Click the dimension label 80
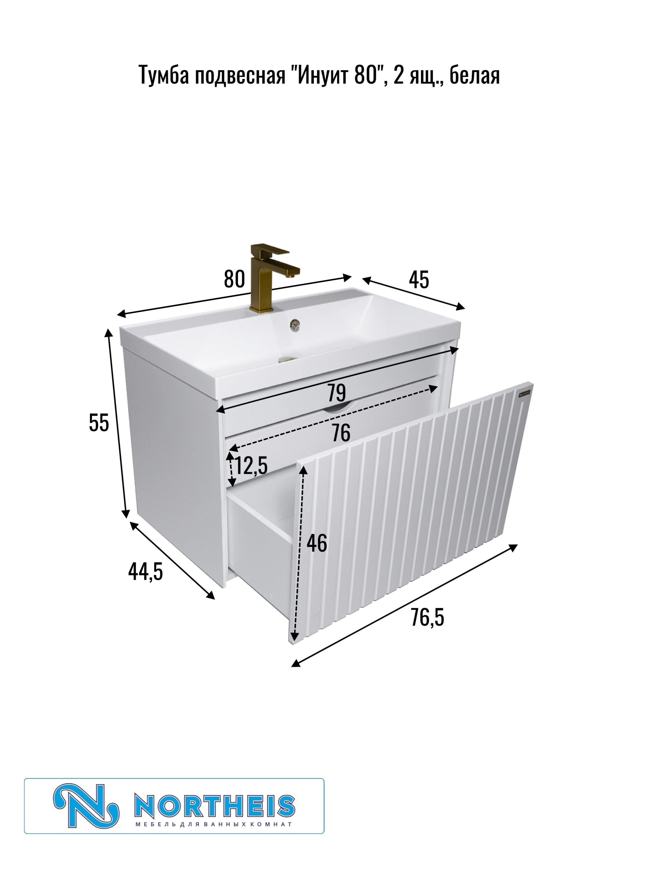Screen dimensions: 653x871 tap(234, 279)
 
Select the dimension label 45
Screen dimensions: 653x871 tap(419, 280)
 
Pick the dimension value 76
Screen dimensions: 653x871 tap(340, 433)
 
